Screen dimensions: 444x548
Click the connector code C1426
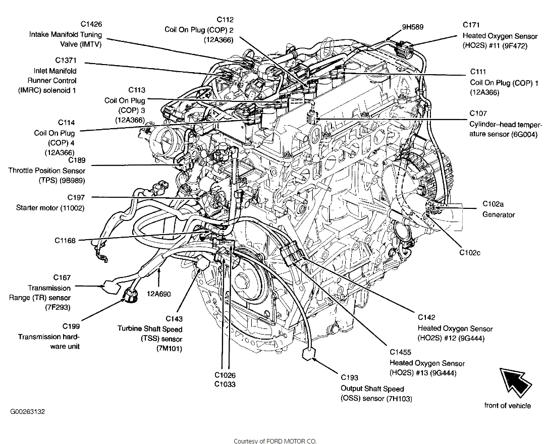pos(91,24)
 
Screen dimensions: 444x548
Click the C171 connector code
pos(471,25)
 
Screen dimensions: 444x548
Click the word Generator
pos(499,214)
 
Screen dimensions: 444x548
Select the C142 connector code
pos(426,317)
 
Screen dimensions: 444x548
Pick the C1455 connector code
pos(400,352)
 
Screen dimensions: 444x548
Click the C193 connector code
pos(349,377)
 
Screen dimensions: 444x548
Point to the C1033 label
pos(225,384)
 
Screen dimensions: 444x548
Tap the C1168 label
pos(65,241)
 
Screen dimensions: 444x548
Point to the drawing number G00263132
pos(27,412)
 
